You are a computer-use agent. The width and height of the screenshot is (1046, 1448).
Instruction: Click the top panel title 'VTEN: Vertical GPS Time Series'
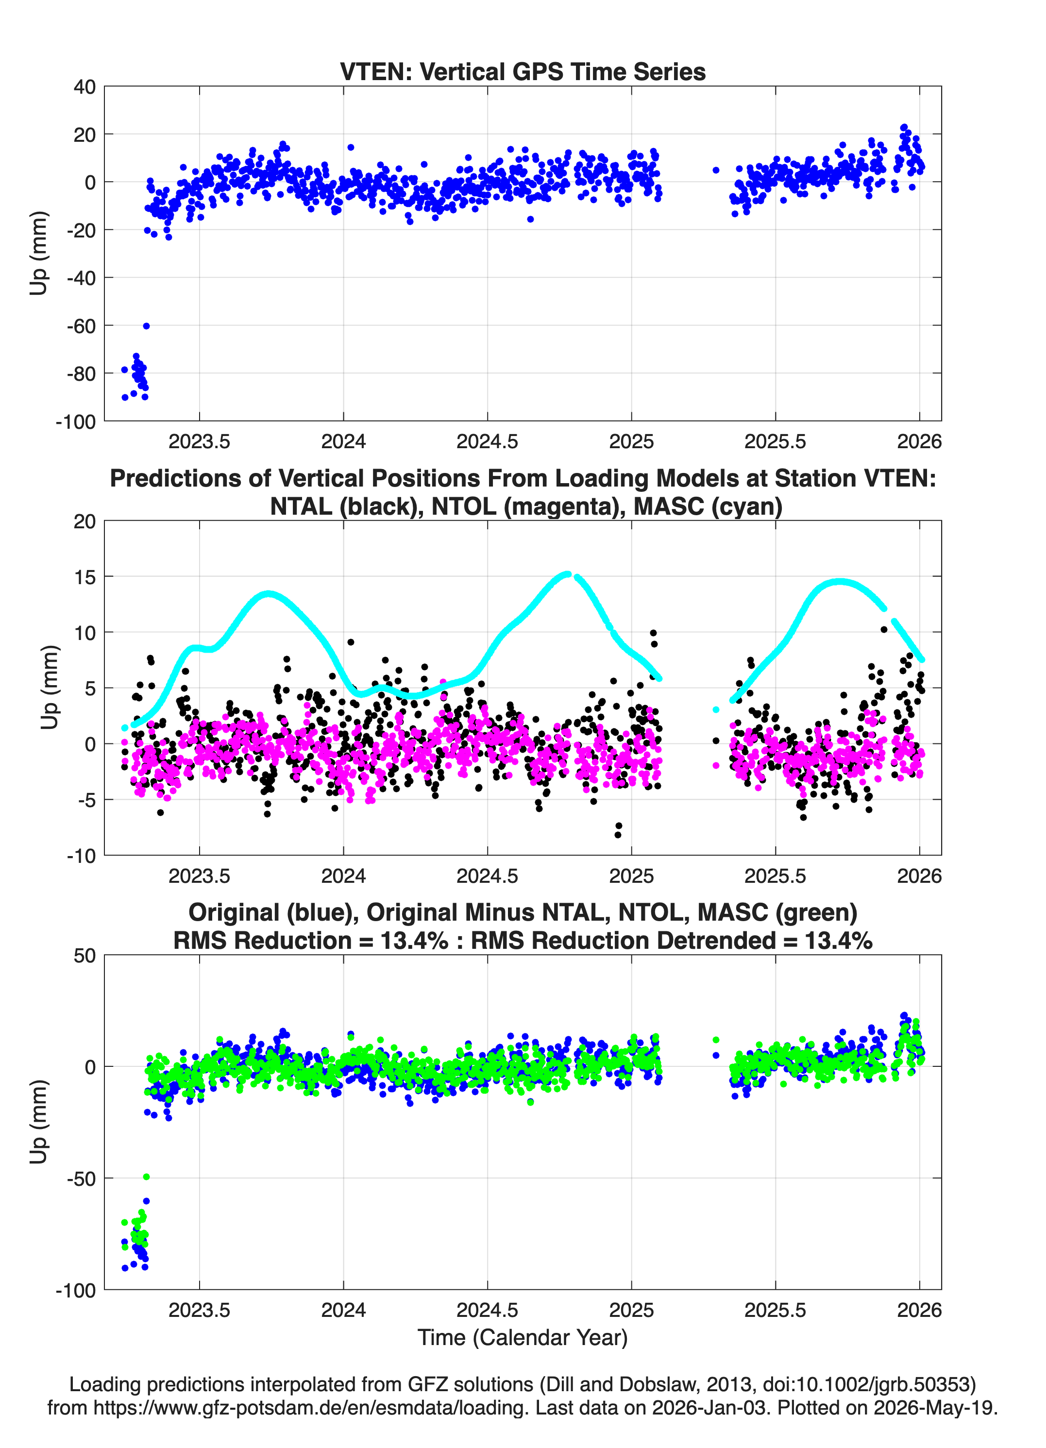click(x=523, y=71)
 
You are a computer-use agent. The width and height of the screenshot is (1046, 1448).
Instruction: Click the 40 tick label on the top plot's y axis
click(x=84, y=87)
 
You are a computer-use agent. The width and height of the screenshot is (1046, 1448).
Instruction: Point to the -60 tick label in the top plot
click(x=81, y=326)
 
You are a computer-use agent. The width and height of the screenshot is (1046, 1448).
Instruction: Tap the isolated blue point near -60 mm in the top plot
click(x=146, y=326)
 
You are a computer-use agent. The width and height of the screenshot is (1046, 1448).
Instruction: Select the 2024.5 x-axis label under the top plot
click(x=487, y=441)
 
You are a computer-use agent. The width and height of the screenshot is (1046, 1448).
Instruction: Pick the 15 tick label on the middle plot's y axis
click(x=84, y=576)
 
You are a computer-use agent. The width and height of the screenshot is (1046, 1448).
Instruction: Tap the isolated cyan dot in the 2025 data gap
click(x=716, y=709)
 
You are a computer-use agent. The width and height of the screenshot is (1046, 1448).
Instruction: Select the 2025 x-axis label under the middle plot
click(x=632, y=876)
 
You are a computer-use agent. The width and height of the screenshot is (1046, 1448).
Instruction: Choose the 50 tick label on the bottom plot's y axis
click(x=84, y=956)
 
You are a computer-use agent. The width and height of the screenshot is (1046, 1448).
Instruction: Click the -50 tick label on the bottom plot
click(x=81, y=1179)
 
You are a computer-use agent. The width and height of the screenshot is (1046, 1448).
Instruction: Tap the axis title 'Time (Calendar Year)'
click(x=523, y=1337)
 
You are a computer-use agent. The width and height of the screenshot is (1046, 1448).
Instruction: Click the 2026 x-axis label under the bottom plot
click(x=920, y=1310)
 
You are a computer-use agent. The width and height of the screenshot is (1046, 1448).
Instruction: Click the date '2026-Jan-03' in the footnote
click(x=709, y=1408)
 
